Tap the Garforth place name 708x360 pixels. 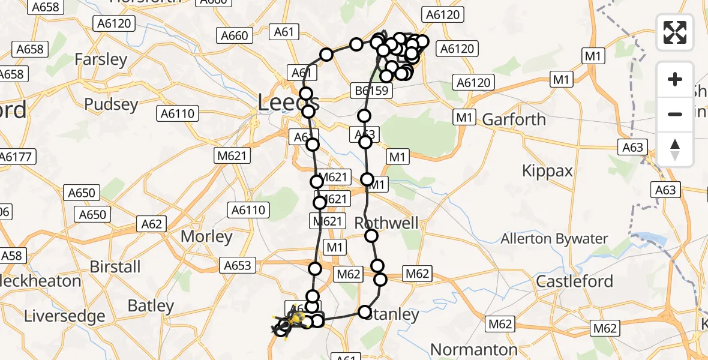[x=514, y=119]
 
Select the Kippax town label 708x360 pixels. [x=547, y=171]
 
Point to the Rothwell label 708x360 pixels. [x=386, y=223]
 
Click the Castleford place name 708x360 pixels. [x=574, y=281]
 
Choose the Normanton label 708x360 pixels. [x=474, y=349]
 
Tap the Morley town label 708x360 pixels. [x=206, y=236]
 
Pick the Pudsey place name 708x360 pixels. [x=111, y=104]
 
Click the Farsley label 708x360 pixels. [x=101, y=59]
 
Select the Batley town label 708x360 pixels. [x=151, y=306]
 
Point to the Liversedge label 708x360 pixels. [x=64, y=316]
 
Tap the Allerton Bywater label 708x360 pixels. [x=554, y=239]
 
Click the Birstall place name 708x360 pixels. [x=115, y=266]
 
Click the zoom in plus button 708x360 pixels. [x=675, y=79]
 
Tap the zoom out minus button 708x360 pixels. [x=675, y=114]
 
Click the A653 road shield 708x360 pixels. [x=238, y=265]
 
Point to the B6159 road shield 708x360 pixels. [x=372, y=91]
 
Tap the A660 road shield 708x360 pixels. [x=234, y=35]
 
